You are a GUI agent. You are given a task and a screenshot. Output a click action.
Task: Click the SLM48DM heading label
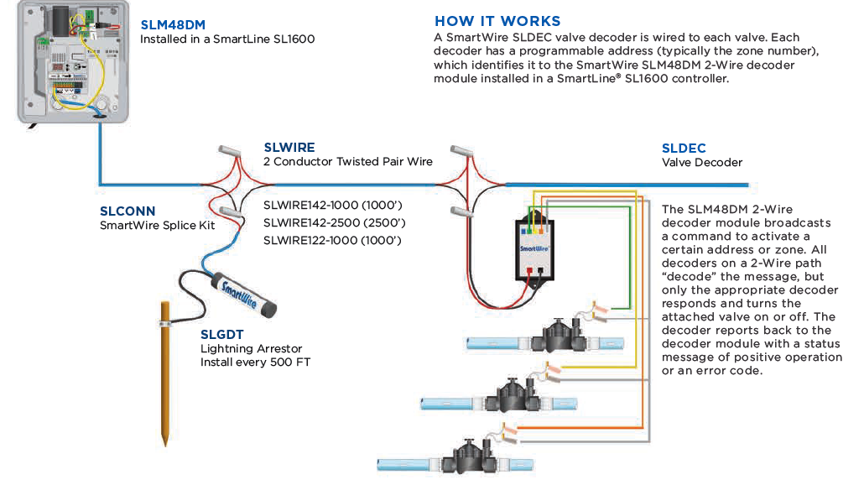pyautogui.click(x=174, y=25)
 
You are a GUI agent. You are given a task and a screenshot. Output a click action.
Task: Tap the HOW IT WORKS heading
pyautogui.click(x=497, y=21)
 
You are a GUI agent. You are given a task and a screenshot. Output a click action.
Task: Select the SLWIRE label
pyautogui.click(x=289, y=147)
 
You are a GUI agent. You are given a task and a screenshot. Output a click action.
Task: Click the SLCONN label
pyautogui.click(x=128, y=211)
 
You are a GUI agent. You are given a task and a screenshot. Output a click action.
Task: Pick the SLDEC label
pyautogui.click(x=684, y=149)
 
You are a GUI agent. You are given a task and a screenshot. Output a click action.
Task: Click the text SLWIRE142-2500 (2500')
pyautogui.click(x=334, y=222)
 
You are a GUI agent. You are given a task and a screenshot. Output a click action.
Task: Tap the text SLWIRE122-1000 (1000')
pyautogui.click(x=332, y=240)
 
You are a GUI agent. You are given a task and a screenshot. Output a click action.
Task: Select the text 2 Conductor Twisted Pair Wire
pyautogui.click(x=348, y=161)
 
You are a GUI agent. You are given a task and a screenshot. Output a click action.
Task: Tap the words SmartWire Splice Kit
pyautogui.click(x=158, y=225)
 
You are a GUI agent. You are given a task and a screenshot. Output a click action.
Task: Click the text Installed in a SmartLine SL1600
pyautogui.click(x=227, y=39)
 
